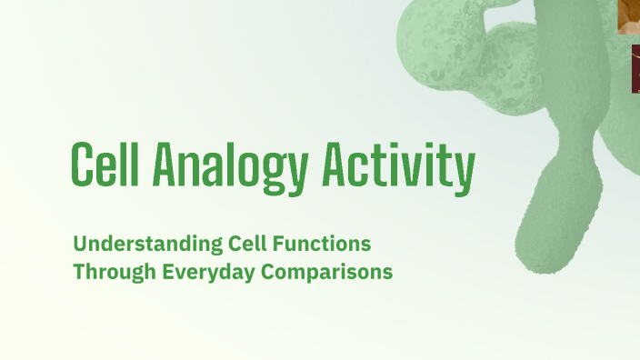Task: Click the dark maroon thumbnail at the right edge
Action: coord(635,69)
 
